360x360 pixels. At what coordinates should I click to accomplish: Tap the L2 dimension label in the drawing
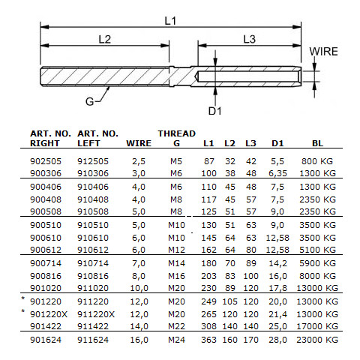pos(104,39)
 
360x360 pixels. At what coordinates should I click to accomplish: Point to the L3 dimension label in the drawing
pos(250,39)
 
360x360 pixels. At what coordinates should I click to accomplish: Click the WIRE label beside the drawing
pos(324,52)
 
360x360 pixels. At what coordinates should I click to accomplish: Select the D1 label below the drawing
pos(215,111)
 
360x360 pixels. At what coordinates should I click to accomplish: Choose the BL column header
pos(318,142)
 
